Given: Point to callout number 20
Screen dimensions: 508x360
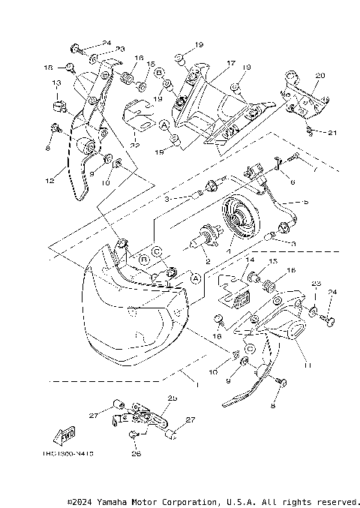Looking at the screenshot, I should [x=320, y=76].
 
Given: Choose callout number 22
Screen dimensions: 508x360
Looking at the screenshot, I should [x=135, y=145].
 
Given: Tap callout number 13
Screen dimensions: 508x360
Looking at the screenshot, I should [x=55, y=83].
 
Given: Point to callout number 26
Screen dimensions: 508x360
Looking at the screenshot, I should [x=136, y=453].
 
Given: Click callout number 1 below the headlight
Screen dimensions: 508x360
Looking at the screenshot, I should [x=196, y=384].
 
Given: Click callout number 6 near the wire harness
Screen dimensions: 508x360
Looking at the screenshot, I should [x=292, y=182].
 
